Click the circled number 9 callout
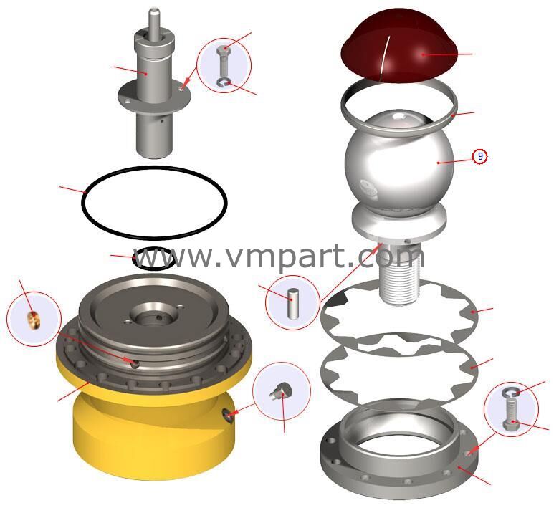point(480,156)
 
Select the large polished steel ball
point(399,160)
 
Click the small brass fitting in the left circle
point(34,320)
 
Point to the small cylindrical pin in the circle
point(293,304)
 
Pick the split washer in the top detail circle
point(224,83)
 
